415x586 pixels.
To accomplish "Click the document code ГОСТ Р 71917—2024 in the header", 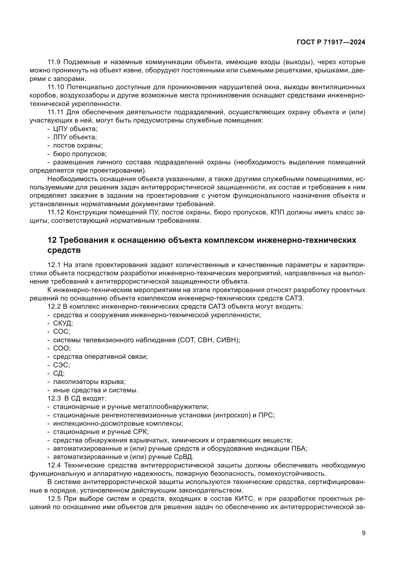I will (331, 42).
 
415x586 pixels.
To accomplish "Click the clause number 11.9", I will (54, 62).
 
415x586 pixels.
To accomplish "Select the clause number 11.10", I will (56, 87).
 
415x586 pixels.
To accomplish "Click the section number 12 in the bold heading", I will (52, 240).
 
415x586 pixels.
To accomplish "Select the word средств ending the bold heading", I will (64, 250).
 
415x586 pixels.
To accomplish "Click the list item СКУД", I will (63, 323).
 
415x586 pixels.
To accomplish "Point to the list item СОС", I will (61, 331).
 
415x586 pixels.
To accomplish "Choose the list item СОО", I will (61, 348).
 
